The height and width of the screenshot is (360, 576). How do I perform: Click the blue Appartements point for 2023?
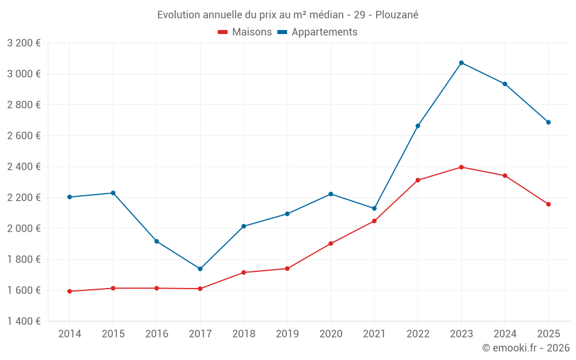point(461,63)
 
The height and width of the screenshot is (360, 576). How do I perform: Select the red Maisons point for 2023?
point(461,167)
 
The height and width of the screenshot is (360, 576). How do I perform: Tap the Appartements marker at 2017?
point(200,269)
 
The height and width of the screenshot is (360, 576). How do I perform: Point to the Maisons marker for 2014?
point(70,291)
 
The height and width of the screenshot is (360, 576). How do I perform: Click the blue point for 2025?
point(548,122)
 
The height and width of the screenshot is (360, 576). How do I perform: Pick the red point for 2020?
point(331,244)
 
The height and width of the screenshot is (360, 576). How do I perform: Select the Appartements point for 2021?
point(374,209)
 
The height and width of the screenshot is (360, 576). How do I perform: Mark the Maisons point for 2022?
point(418,180)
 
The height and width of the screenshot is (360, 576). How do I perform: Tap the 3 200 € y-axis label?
point(24,43)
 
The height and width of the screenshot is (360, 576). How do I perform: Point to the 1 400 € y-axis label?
point(24,321)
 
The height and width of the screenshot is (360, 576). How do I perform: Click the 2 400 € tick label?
point(24,167)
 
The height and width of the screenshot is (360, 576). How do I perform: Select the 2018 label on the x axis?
point(244,334)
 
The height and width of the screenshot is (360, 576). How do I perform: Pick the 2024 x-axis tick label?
point(505,334)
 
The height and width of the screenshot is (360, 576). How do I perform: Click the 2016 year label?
point(157,334)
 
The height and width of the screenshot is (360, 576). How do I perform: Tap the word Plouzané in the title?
point(397,14)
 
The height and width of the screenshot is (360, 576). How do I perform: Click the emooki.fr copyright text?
point(526,348)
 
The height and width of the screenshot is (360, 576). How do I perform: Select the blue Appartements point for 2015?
point(113,193)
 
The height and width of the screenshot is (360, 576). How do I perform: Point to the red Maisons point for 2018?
point(244,272)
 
